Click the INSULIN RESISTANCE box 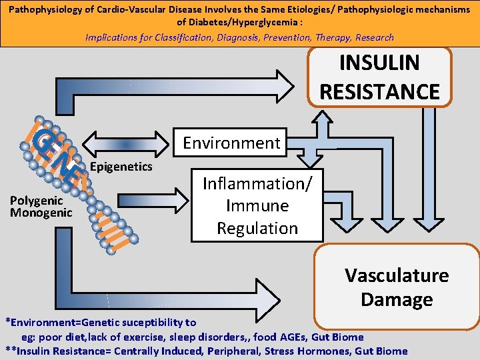pyautogui.click(x=380, y=77)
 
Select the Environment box pyautogui.click(x=231, y=143)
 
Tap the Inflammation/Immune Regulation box pyautogui.click(x=257, y=205)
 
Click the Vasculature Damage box pyautogui.click(x=396, y=287)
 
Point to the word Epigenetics pyautogui.click(x=121, y=166)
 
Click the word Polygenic pyautogui.click(x=37, y=201)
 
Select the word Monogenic pyautogui.click(x=41, y=213)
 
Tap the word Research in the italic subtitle pyautogui.click(x=375, y=37)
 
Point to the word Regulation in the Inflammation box pyautogui.click(x=257, y=228)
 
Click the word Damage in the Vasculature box pyautogui.click(x=396, y=299)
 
